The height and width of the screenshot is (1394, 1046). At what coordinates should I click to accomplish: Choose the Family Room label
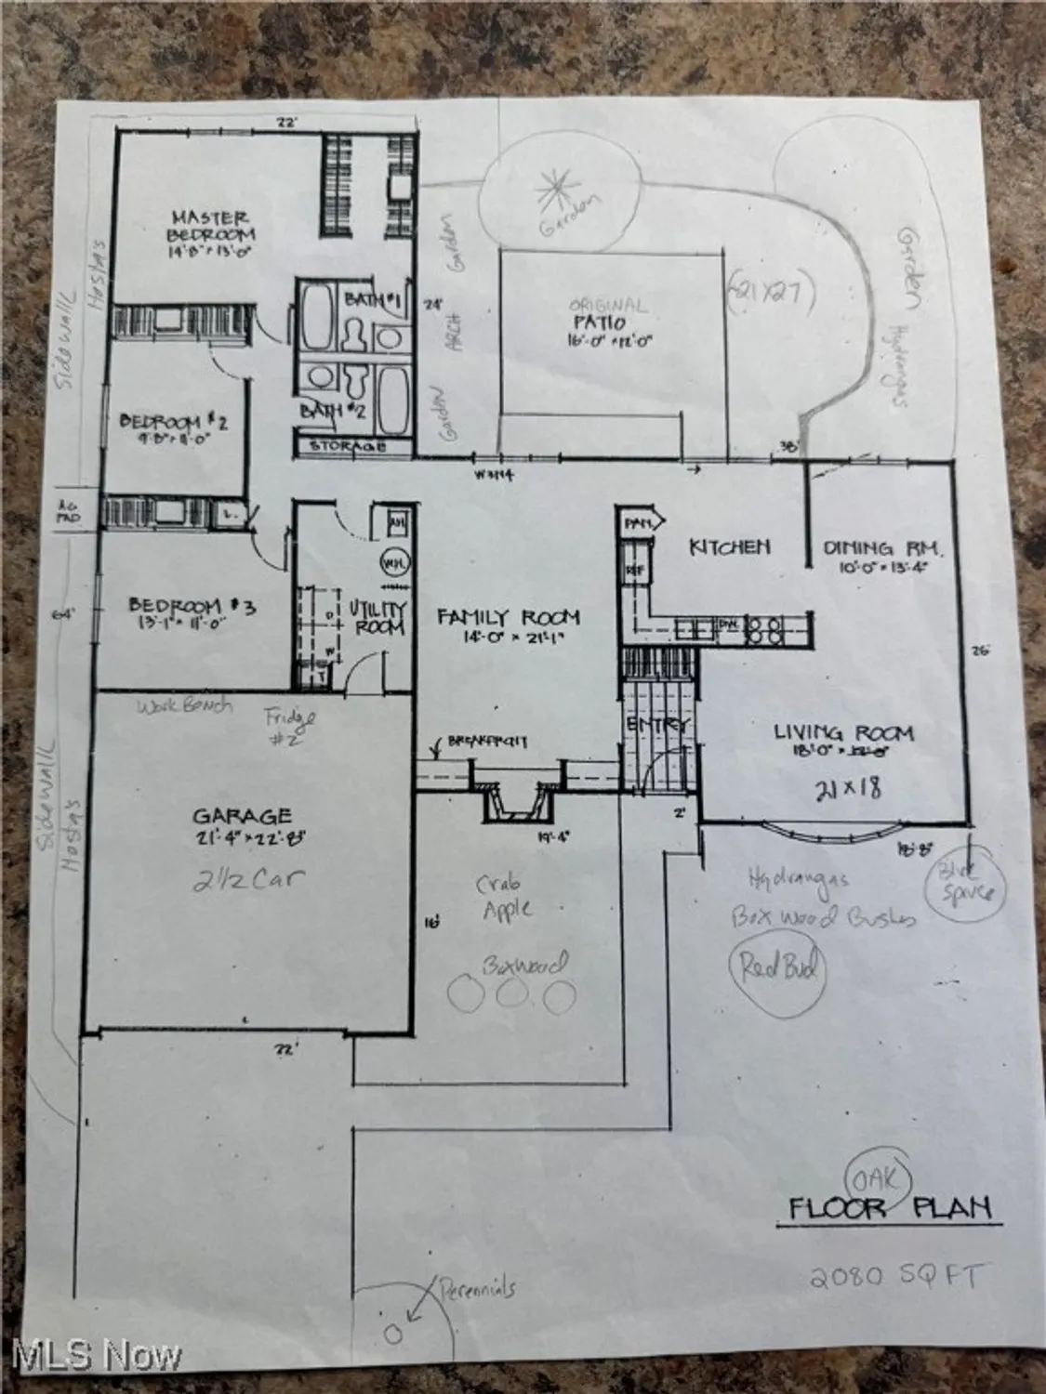coord(509,616)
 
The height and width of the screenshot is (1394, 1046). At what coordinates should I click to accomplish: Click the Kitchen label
coord(729,546)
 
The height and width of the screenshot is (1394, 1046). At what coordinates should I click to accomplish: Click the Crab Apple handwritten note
coord(507,898)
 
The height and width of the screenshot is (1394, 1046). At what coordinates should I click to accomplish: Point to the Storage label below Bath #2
coord(349,447)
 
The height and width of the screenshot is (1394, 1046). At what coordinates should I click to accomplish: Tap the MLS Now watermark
coord(90,1357)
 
